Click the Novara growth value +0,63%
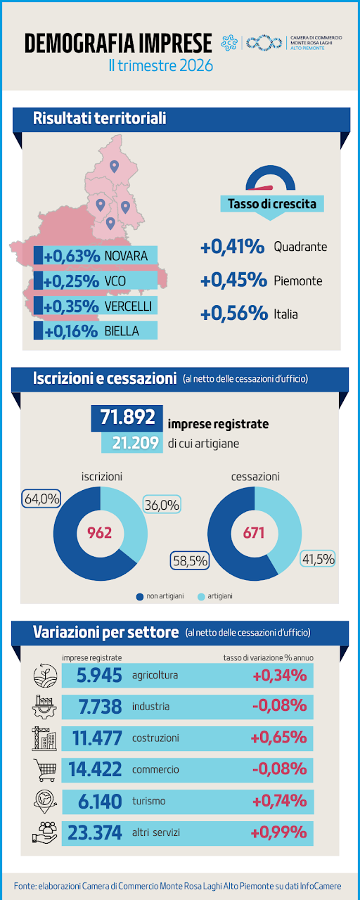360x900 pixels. tap(72, 256)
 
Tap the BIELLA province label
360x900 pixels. tap(122, 331)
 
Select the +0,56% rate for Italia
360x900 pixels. tap(234, 314)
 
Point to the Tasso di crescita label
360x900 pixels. tap(272, 204)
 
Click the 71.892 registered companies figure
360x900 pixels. tap(127, 417)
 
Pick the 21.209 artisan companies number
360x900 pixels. tap(136, 443)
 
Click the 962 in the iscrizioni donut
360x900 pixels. tap(100, 533)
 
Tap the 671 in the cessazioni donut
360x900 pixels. tap(254, 533)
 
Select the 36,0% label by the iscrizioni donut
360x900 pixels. tap(162, 505)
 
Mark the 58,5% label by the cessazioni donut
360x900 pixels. tap(190, 560)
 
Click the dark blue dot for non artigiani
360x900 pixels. tap(140, 597)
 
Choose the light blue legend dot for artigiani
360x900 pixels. tap(201, 597)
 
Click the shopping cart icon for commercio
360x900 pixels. tap(44, 769)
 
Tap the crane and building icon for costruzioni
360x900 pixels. tap(44, 738)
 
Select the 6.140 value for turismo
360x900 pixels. tap(100, 801)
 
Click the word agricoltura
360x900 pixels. tap(155, 675)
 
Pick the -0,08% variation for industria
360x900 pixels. tap(280, 706)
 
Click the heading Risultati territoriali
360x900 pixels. tap(99, 119)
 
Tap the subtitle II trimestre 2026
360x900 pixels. tap(161, 65)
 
